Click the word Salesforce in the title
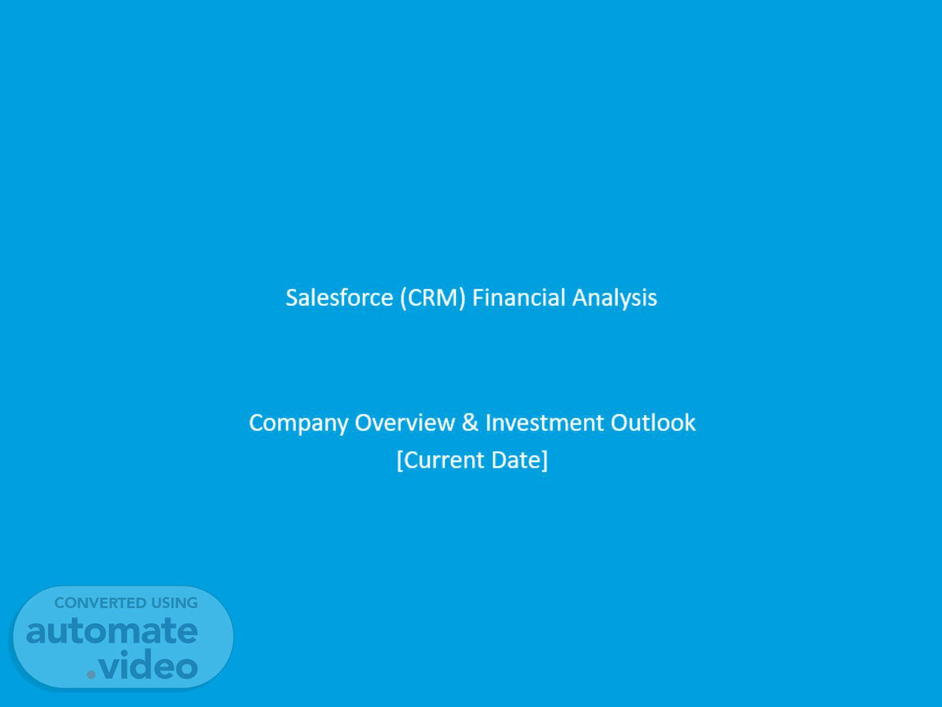pos(340,297)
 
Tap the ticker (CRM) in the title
pos(432,298)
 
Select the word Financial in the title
pos(518,297)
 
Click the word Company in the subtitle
pos(298,424)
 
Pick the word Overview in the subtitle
pos(405,422)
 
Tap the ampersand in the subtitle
pos(470,422)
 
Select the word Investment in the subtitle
pos(544,422)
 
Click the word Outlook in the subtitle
pos(653,422)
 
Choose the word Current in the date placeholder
pos(444,460)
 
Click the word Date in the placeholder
pos(517,460)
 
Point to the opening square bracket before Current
pos(400,461)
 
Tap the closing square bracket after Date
pos(545,461)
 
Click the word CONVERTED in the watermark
pos(100,603)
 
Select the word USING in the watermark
pos(174,603)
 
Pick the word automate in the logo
pos(112,631)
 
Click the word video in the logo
pos(148,664)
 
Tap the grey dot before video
pos(91,674)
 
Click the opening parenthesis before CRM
pos(404,298)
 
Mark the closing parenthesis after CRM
pos(462,298)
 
